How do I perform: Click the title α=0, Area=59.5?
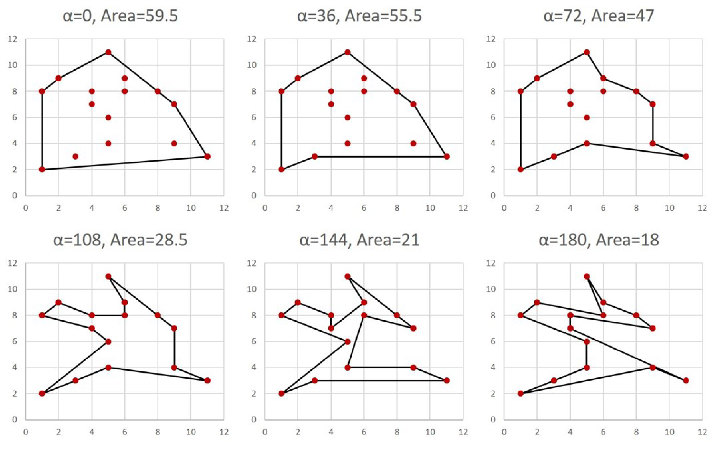[x=120, y=16]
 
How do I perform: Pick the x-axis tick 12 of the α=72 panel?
[x=702, y=208]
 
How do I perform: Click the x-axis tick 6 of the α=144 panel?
[x=364, y=432]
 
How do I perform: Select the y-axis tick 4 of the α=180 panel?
[x=493, y=368]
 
